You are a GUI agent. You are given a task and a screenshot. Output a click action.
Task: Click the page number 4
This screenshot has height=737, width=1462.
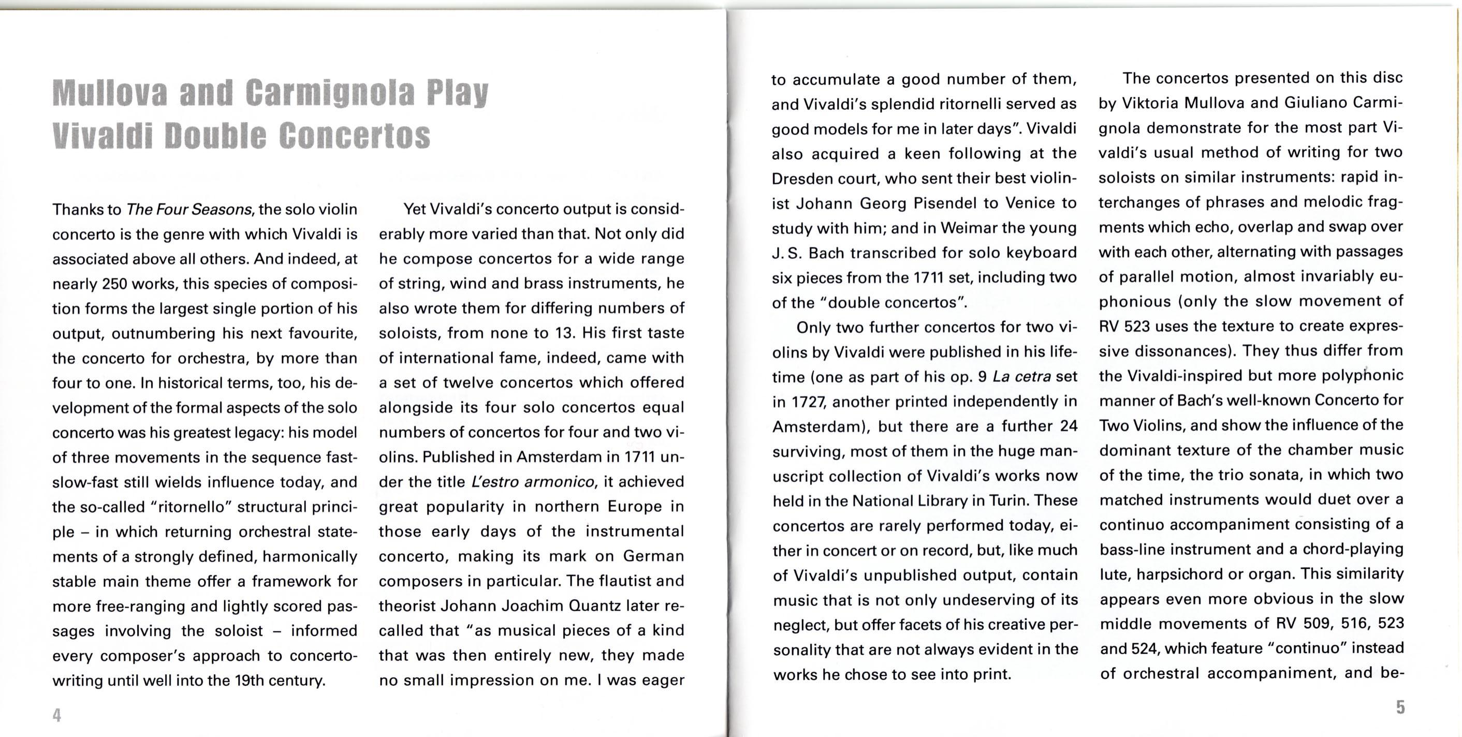pos(57,715)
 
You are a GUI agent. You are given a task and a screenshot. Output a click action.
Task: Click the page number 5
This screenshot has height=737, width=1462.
pos(1400,707)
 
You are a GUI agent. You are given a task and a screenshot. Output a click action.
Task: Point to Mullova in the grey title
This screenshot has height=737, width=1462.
pos(110,93)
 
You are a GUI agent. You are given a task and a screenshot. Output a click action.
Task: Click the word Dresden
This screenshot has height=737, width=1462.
pos(801,179)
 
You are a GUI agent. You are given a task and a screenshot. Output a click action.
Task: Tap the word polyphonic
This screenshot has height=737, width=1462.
pos(1362,376)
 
